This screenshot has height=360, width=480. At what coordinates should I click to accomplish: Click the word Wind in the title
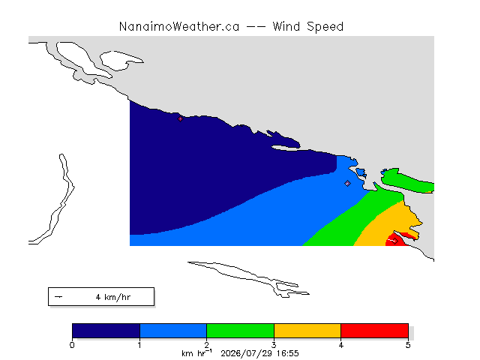286,27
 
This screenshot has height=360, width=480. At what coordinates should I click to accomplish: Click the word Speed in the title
325,27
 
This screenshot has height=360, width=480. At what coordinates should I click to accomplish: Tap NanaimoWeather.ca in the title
179,27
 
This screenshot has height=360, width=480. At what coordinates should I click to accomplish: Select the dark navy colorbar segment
106,331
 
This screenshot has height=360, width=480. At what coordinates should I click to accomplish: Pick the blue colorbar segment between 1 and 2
173,331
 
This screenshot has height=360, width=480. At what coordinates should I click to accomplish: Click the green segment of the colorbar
240,331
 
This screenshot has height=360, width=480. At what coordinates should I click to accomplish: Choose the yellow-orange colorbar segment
307,331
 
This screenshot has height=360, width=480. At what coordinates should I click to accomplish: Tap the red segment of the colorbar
375,331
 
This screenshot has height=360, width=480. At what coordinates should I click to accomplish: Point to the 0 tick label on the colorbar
72,345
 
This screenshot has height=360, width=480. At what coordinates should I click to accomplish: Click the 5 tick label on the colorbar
408,345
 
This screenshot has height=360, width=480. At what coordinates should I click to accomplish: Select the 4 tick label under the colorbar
341,345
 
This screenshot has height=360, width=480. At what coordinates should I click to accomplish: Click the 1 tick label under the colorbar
139,345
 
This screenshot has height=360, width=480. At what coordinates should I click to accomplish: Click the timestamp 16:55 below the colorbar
287,353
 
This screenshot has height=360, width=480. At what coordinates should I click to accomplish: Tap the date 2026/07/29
247,354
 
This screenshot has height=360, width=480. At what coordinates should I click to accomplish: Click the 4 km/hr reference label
113,297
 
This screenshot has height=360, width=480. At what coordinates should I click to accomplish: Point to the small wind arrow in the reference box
58,297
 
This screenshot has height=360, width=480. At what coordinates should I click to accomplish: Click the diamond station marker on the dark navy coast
180,118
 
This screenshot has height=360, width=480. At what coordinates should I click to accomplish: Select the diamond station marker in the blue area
347,183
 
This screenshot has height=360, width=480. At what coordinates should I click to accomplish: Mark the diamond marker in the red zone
395,241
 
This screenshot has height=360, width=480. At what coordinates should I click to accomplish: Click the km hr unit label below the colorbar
196,353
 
